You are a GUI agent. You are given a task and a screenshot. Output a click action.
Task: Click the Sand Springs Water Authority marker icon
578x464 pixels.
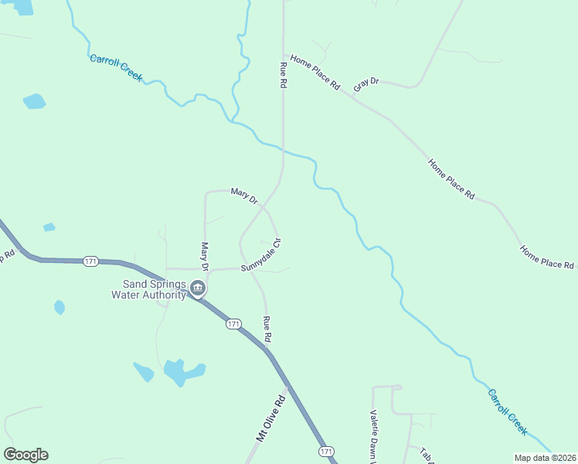tap(198, 289)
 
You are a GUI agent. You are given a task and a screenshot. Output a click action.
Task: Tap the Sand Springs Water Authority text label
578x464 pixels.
tap(149, 289)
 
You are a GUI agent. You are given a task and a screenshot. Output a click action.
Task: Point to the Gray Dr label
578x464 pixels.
tap(365, 84)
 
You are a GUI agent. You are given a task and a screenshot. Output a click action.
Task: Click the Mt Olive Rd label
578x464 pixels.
tap(270, 421)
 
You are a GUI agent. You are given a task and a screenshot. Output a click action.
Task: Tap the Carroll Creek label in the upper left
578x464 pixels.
tap(116, 68)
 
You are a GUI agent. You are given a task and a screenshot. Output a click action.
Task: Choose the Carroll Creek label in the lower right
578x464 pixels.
tap(507, 411)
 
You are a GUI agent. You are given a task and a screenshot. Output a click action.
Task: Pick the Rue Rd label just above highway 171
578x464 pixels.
tap(267, 329)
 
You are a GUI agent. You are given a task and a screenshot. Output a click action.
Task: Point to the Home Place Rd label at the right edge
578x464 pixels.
tap(547, 258)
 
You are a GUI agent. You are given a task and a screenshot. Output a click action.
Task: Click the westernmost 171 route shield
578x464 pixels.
tap(91, 261)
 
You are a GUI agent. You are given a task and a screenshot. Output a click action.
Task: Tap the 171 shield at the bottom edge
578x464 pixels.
tap(326, 451)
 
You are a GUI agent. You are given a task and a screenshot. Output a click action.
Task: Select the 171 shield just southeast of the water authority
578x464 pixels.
tap(234, 323)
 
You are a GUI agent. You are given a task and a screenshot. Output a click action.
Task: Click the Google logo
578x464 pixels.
tap(25, 455)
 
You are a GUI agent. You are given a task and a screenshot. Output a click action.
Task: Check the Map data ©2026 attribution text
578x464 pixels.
tap(544, 458)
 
